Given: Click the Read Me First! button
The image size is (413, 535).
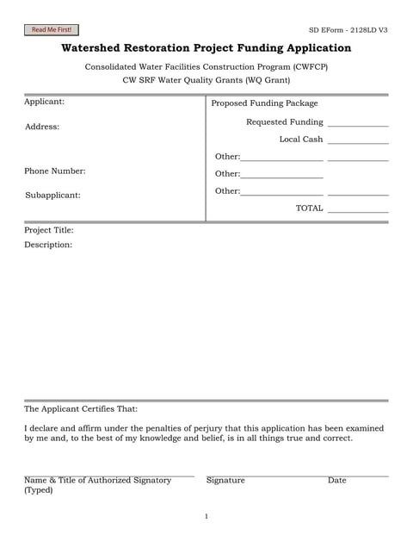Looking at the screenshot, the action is coord(51,29).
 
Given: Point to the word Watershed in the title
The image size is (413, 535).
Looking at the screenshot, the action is coord(99,48).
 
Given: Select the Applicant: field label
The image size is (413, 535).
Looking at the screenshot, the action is coord(44,102).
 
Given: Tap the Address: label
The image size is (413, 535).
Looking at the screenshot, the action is coord(42,127).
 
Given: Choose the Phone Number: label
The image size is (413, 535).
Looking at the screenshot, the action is coord(55,171).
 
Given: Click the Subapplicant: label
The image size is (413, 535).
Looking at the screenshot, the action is coord(52,195).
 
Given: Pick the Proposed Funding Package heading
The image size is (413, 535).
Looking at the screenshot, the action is coord(264,103).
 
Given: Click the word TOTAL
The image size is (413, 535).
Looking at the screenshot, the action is coord(309,208).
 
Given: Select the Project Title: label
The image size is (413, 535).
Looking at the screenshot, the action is coord(49,230).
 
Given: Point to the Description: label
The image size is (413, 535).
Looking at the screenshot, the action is coord(48,245).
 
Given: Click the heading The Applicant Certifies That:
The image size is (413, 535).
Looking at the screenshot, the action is coord(81,408).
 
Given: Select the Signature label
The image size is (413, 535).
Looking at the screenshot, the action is coord(225,480).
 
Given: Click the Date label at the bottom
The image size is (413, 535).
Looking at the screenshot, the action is coord(336,480).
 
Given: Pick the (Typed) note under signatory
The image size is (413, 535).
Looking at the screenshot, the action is coord(38,490).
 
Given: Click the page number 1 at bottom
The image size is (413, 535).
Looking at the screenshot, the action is coord(206,517).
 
